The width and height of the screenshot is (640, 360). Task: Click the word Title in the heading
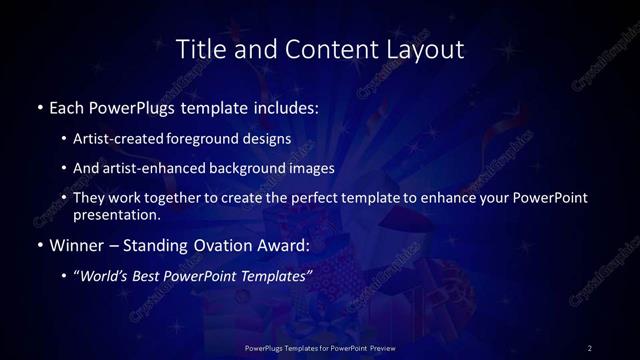pyautogui.click(x=198, y=48)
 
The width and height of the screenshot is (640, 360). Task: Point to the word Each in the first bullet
pyautogui.click(x=66, y=105)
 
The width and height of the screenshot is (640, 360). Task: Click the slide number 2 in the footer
pyautogui.click(x=590, y=348)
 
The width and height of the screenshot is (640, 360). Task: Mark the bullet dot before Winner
pyautogui.click(x=39, y=244)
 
